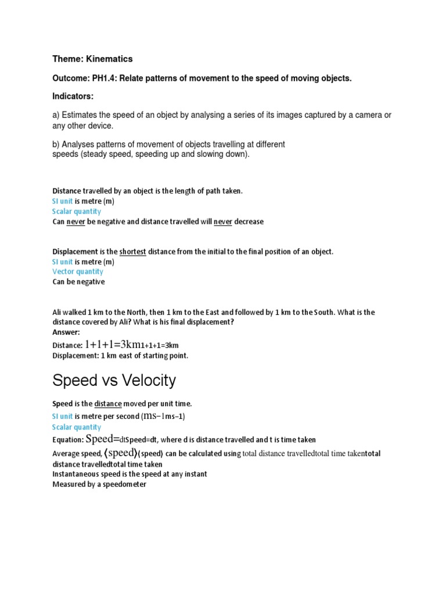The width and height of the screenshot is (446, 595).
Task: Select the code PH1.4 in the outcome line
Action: [x=103, y=78]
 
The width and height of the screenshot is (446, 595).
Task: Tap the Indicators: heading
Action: [x=73, y=96]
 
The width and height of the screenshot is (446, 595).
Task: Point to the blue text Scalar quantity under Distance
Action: [x=77, y=212]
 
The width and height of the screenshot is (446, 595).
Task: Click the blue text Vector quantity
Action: [x=78, y=271]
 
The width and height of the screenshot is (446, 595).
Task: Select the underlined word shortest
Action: [x=133, y=252]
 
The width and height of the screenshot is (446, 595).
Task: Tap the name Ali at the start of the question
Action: [x=58, y=312]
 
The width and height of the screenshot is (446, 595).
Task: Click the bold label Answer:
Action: [x=66, y=332]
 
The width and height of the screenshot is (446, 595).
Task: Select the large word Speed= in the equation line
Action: [x=103, y=439]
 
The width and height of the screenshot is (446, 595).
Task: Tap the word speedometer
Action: [x=122, y=484]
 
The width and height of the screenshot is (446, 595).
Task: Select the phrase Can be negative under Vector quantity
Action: [x=78, y=282]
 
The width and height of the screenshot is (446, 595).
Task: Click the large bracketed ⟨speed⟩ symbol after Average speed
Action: [x=120, y=453]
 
